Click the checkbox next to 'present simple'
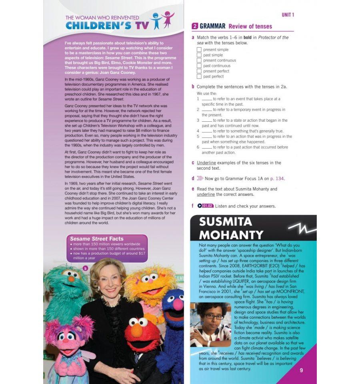(199, 50)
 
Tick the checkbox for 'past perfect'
(199, 76)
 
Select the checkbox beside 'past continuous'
(199, 66)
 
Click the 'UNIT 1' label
(288, 15)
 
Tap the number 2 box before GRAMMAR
(195, 26)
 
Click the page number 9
(301, 370)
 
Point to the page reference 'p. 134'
(277, 179)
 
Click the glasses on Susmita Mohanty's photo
(213, 317)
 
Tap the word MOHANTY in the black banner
(231, 234)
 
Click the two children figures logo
(162, 21)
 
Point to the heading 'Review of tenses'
(250, 26)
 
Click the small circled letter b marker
(85, 268)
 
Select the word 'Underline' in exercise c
(206, 163)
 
